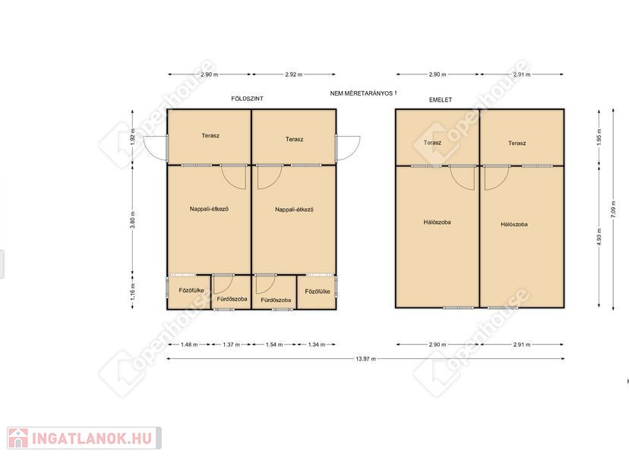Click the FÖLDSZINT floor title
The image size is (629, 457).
point(247,99)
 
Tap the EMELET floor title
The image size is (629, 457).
point(441,99)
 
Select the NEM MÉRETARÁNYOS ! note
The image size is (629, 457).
point(363,93)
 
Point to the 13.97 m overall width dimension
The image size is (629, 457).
point(366,359)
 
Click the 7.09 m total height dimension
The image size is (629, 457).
point(613,209)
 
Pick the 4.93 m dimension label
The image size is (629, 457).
point(599,237)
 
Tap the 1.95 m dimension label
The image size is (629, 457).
point(599,137)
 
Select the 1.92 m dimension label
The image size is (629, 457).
point(133,137)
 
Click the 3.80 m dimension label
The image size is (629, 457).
point(133,219)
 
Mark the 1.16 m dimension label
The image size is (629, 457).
point(133,291)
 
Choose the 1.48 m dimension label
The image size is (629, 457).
point(189,345)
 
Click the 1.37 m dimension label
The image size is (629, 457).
point(232,345)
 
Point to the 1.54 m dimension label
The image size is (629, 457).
point(274,345)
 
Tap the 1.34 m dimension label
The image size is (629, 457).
point(317,345)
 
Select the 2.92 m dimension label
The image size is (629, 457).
point(294,74)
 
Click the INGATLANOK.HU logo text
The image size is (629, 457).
point(92,438)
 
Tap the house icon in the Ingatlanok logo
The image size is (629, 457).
point(18,438)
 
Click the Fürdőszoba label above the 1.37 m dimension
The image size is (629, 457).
point(232,299)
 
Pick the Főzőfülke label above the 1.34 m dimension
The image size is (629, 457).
point(318,292)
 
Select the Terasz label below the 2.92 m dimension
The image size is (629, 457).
point(295,139)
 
